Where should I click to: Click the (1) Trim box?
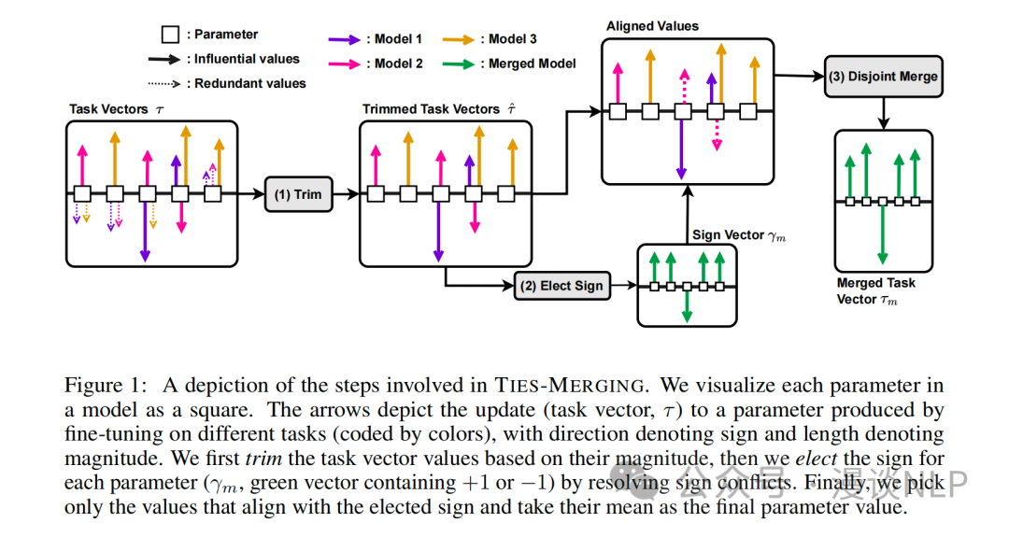pos(297,194)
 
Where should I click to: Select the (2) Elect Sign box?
pos(562,285)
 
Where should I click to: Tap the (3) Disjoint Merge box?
pos(883,77)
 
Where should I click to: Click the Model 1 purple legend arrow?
pos(345,39)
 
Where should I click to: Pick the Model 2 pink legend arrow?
pos(345,64)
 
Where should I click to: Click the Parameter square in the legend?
pos(170,35)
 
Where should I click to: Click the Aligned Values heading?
pos(652,26)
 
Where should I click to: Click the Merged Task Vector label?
pos(875,290)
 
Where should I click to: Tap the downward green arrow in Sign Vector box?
pos(687,305)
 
